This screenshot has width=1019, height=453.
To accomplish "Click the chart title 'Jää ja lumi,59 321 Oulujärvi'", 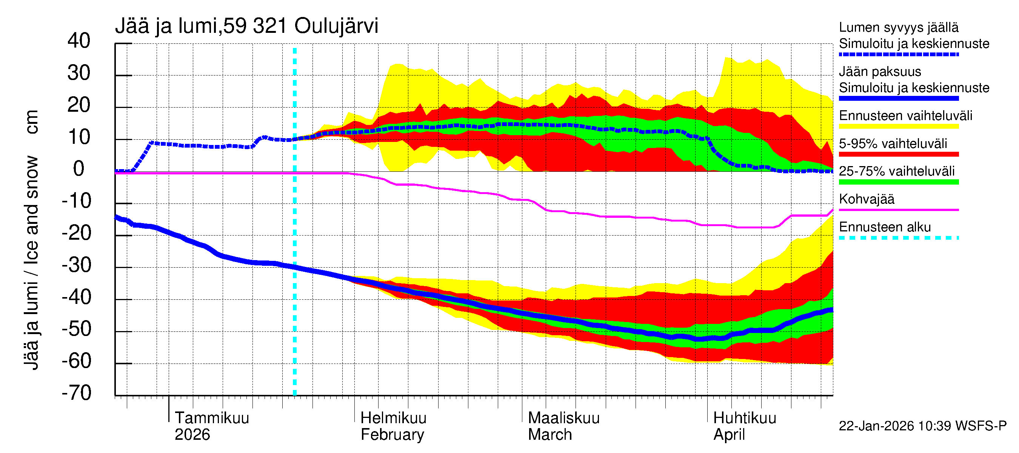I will pos(246,26).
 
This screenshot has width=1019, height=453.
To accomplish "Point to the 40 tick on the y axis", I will pos(79,41).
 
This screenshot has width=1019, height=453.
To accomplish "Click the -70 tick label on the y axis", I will pos(76,393).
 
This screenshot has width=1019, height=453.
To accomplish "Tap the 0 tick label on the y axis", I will pos(79,169).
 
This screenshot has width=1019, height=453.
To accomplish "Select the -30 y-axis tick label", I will pos(76,265).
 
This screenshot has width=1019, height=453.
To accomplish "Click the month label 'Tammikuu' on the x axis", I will pos(212,418).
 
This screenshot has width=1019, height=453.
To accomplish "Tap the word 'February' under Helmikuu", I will pos(392,435).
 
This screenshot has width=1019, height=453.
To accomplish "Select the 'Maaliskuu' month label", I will pos(564,418).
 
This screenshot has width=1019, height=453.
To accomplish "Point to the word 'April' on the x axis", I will pos(729,435).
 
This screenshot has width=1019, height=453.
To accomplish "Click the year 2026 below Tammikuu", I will pos(192,435).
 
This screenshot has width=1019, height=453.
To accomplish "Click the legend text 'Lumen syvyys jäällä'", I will pos(898,27).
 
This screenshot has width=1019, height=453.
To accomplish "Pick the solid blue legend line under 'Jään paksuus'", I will pos(898,99).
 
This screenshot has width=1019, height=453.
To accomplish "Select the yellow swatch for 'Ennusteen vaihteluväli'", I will pos(898,126).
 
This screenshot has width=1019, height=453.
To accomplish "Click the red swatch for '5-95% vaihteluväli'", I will pos(898,154).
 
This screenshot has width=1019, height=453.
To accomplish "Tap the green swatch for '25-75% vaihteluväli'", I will pos(898,182).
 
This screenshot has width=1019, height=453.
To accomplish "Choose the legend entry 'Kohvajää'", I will pos(866,199).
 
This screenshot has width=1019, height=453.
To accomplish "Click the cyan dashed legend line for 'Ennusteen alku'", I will pos(898,238).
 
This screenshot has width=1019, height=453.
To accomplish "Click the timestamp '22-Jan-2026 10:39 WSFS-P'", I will pos(922,426).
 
